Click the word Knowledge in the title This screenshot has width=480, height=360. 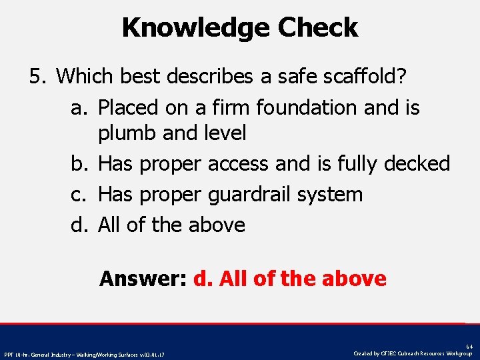196,28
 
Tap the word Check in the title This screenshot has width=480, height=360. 318,28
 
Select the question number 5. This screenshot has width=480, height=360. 38,77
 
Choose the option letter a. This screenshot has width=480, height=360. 80,107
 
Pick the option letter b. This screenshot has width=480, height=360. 80,163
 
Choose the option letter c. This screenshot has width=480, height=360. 80,195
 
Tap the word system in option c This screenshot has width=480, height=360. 339,195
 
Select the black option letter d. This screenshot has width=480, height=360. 80,225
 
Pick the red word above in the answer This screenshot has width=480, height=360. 353,278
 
